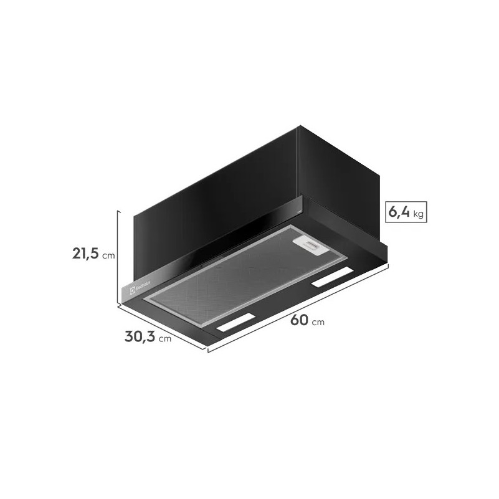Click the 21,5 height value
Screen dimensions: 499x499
click(x=85, y=254)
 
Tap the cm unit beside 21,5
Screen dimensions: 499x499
click(x=108, y=256)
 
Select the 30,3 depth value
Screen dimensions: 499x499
click(x=140, y=336)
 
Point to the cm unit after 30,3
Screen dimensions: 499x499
click(x=165, y=339)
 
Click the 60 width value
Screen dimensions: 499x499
click(x=299, y=320)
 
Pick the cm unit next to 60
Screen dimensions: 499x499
click(x=318, y=322)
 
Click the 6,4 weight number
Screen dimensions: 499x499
click(x=399, y=212)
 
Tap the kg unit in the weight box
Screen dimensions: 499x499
click(x=419, y=214)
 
